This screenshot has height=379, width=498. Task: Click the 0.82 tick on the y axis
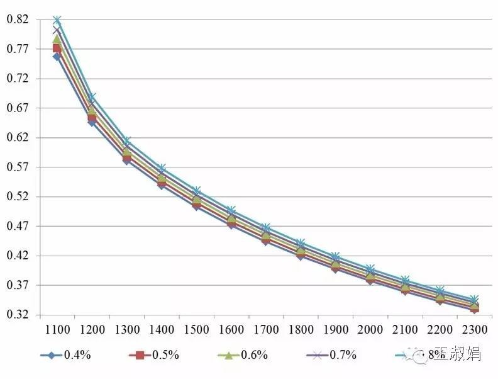(x=18, y=20)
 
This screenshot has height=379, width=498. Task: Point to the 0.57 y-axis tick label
(x=18, y=167)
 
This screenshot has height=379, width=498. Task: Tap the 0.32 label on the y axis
(x=18, y=314)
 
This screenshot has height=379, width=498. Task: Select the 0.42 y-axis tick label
(x=18, y=256)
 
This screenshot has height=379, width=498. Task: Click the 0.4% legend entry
(x=77, y=355)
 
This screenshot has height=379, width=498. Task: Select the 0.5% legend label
(x=165, y=355)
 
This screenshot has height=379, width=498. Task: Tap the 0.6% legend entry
(x=254, y=355)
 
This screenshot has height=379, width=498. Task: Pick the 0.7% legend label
(x=343, y=355)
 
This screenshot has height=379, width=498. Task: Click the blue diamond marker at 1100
(x=57, y=57)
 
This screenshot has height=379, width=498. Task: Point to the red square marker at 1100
(x=57, y=48)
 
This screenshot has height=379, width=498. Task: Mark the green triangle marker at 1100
(x=57, y=39)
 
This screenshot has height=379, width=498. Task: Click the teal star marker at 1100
(x=57, y=20)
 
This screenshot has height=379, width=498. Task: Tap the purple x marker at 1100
(x=57, y=30)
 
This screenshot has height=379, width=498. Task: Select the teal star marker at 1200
(x=92, y=97)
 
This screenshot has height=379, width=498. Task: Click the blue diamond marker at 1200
(x=92, y=122)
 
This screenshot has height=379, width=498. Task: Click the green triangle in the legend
(x=230, y=355)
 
